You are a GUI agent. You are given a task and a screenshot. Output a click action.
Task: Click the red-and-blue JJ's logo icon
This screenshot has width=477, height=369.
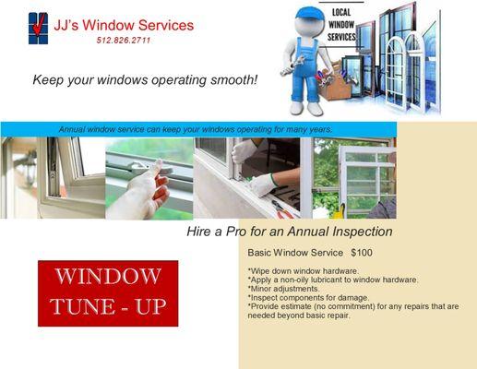click(38, 29)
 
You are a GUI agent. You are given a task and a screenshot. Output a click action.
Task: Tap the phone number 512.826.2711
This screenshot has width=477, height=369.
click(123, 41)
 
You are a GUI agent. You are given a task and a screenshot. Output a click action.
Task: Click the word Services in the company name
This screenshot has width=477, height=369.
click(161, 25)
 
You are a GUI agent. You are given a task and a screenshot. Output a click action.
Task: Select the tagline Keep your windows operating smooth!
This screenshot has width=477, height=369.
click(145, 80)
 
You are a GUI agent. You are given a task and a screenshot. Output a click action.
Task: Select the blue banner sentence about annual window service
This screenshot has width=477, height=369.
click(195, 129)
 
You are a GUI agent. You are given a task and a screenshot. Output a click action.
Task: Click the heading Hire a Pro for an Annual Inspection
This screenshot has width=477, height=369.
click(290, 232)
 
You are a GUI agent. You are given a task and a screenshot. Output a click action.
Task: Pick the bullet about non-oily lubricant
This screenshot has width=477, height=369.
click(333, 280)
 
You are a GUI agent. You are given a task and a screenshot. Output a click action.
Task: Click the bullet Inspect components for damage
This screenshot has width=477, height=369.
click(308, 297)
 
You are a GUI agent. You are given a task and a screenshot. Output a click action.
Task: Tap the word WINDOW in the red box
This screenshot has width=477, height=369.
click(108, 276)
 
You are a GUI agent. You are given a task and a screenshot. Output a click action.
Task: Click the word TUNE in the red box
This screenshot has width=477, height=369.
click(85, 306)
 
